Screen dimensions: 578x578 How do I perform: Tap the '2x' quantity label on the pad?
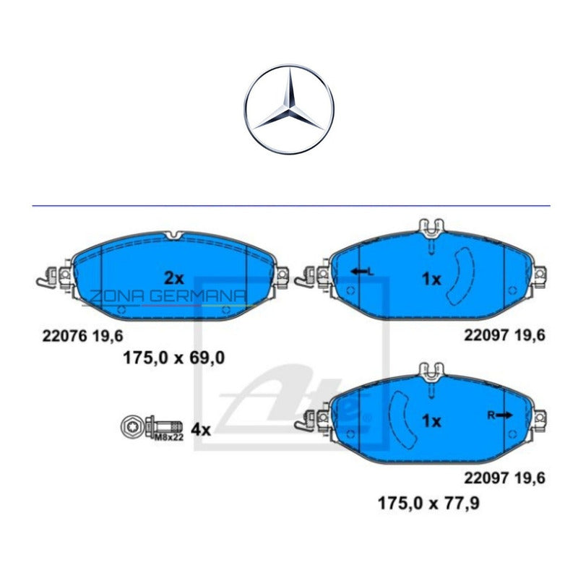tap(173, 277)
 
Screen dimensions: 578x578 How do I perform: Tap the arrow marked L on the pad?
tap(361, 271)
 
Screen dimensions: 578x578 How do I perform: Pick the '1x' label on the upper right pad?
tap(431, 279)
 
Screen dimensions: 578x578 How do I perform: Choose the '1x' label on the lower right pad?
tap(431, 421)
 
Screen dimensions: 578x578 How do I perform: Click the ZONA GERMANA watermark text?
tap(167, 296)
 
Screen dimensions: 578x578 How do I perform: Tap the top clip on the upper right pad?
tap(431, 228)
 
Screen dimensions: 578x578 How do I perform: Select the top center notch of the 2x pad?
tap(173, 236)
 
